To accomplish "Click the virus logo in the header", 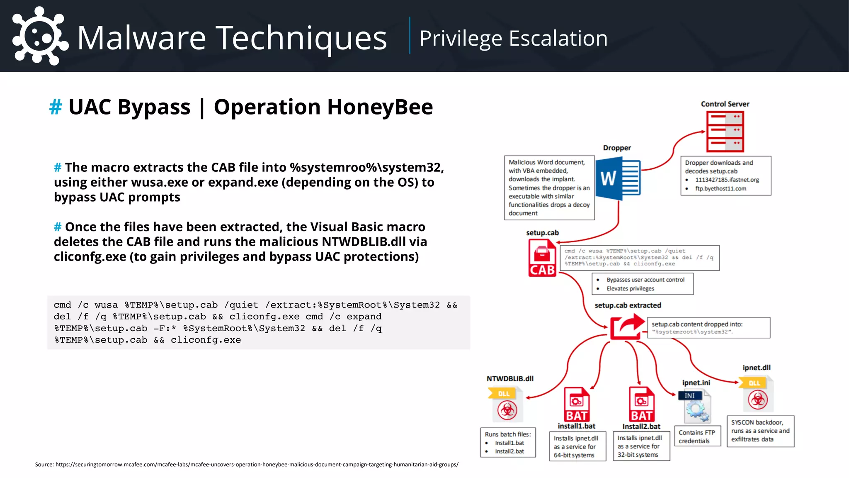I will [x=39, y=37].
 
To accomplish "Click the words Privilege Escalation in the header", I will [x=513, y=38].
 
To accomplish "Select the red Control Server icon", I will [x=725, y=132].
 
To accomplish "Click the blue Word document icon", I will [x=618, y=179].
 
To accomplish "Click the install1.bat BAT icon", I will [x=577, y=404].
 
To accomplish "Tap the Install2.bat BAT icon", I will [x=641, y=404].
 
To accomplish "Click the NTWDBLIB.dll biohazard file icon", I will [x=506, y=405].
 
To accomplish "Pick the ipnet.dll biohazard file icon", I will [x=757, y=394].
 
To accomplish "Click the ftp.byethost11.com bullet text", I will [x=720, y=188].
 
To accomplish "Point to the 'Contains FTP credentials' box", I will [x=697, y=437].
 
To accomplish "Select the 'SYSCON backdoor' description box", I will [x=760, y=431].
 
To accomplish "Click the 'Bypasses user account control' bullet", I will [x=645, y=280].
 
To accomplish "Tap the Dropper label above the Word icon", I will [x=617, y=148].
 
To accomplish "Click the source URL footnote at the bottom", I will [x=247, y=464].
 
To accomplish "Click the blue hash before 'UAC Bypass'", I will [x=56, y=107].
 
